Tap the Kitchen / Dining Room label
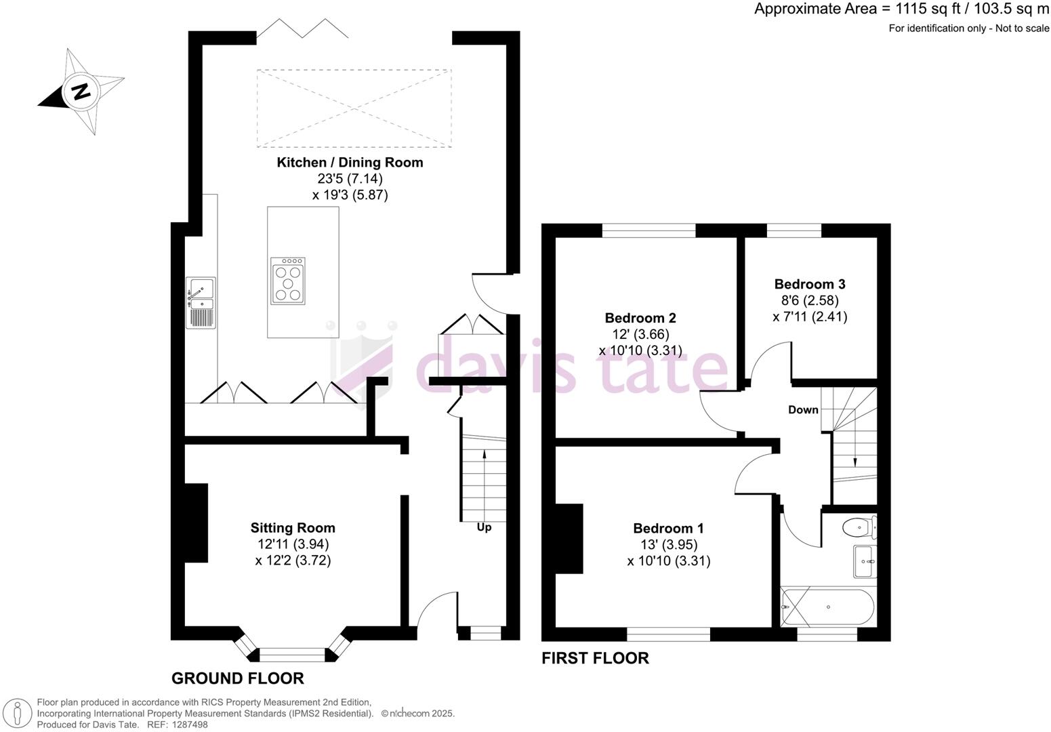(350, 163)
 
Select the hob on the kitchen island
(287, 281)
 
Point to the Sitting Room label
(293, 528)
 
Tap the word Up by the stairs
(484, 527)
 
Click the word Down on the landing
(803, 410)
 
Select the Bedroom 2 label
(640, 318)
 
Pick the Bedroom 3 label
(810, 284)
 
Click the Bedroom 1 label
(668, 529)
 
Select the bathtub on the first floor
(828, 607)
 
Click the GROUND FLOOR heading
(237, 678)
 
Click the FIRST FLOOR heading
(595, 658)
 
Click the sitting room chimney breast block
(196, 523)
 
